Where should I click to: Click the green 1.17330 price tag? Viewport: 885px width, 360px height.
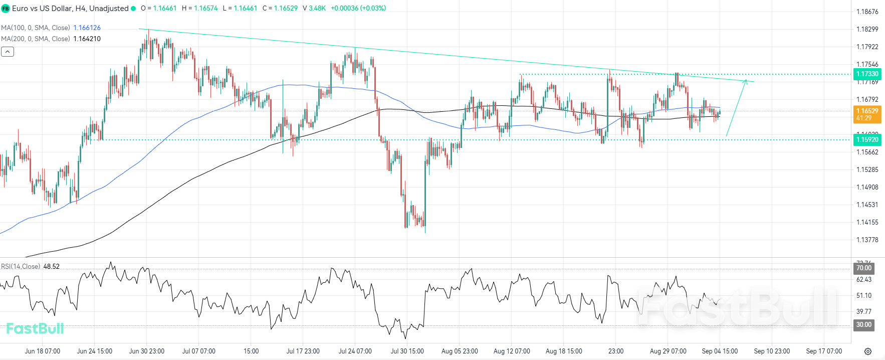[866, 74]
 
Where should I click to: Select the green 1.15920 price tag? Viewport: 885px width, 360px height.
[866, 140]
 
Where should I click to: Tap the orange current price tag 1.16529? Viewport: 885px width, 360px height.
[866, 111]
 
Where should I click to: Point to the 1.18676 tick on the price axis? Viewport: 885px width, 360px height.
[867, 12]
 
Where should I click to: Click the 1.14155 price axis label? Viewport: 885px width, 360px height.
[867, 222]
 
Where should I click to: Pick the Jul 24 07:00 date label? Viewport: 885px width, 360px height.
[355, 351]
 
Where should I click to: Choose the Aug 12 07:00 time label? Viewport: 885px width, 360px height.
[512, 351]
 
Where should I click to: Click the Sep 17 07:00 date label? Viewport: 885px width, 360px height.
[824, 351]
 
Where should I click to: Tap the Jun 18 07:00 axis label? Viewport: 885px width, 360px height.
[43, 351]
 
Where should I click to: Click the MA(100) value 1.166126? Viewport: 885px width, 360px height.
[87, 28]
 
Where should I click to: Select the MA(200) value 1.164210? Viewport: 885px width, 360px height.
[87, 39]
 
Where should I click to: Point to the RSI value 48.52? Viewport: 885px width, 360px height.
[51, 266]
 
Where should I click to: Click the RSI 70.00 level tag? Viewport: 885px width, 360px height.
[863, 268]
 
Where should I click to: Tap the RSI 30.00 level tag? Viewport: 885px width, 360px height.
[863, 324]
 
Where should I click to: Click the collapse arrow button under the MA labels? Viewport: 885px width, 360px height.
[8, 51]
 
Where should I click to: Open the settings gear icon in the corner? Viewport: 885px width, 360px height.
[868, 351]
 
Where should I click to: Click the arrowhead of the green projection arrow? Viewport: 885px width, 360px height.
[746, 81]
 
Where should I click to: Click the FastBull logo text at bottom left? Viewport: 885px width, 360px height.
[35, 328]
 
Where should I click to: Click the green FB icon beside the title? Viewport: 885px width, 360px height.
[6, 9]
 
